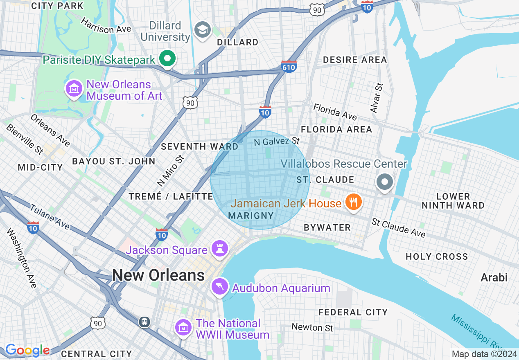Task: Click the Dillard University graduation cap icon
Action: (x=202, y=30)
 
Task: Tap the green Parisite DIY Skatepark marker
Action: (x=167, y=59)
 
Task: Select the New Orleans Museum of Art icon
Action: (x=74, y=89)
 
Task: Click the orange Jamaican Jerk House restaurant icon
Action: (x=352, y=202)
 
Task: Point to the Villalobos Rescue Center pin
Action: (x=384, y=182)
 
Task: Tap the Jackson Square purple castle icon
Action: (x=219, y=249)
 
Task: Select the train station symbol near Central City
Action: (x=144, y=322)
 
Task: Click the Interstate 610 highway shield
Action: (x=289, y=67)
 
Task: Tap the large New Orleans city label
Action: (x=158, y=275)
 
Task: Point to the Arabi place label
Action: (x=494, y=277)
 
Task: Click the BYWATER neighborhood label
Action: (x=327, y=227)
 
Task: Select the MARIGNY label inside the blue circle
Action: (x=250, y=215)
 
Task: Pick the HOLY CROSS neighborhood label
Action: (x=436, y=256)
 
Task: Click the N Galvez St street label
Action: (x=277, y=142)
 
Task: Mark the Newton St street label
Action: (x=312, y=327)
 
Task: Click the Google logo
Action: (x=27, y=350)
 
